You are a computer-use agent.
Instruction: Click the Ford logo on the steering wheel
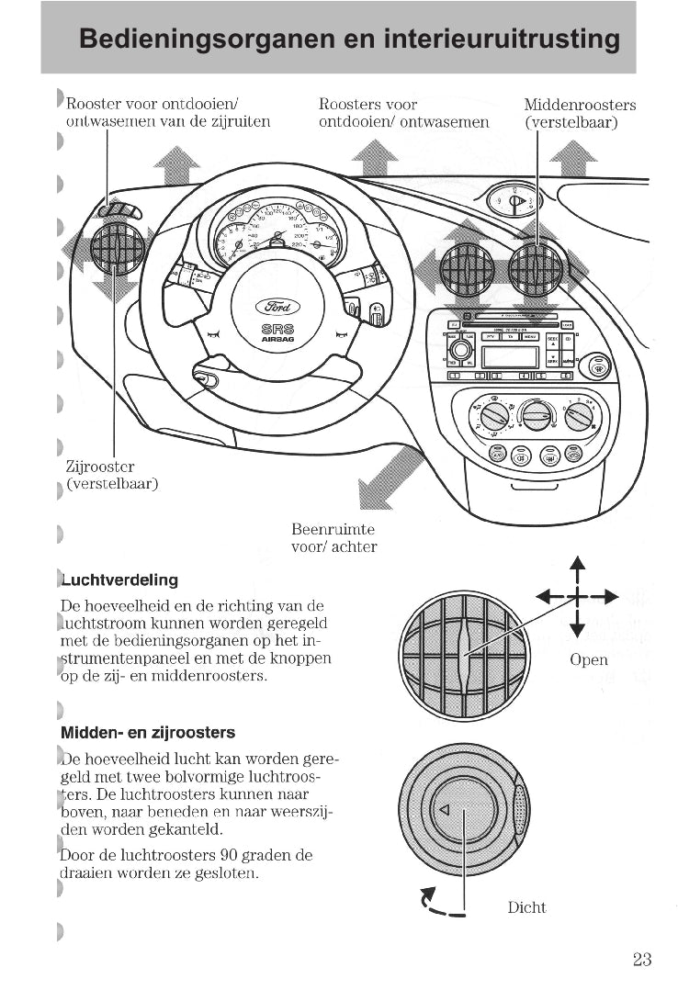pos(277,307)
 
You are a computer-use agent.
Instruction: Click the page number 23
pos(642,960)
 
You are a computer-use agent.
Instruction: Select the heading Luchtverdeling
pos(119,580)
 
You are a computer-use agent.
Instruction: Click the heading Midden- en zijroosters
pos(148,733)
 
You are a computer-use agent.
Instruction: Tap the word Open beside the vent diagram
pos(588,659)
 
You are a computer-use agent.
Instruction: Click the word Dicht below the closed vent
pos(526,907)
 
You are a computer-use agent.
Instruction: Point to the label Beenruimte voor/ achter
pos(333,538)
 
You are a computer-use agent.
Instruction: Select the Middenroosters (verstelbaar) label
pos(579,113)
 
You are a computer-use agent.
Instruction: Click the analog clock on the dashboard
pos(514,201)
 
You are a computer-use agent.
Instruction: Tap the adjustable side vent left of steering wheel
pos(117,249)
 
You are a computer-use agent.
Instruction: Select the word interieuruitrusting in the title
pos(500,39)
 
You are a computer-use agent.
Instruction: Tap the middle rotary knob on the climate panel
pos(537,415)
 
